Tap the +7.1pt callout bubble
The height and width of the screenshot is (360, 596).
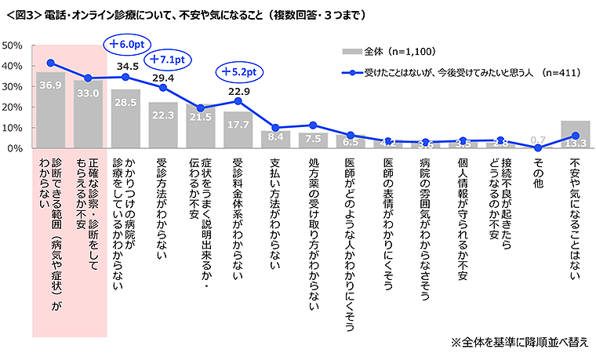[170, 59]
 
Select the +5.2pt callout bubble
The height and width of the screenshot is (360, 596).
[239, 71]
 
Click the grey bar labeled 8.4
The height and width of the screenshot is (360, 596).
[276, 140]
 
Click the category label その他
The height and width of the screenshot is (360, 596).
[538, 169]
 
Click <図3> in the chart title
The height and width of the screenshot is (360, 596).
[24, 14]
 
